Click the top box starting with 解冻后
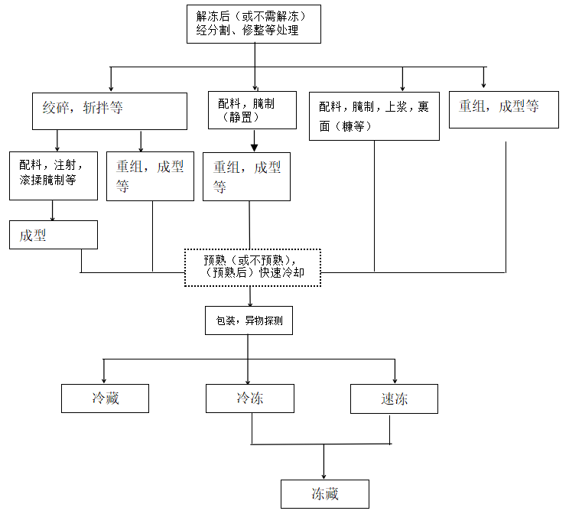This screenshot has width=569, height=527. pyautogui.click(x=253, y=24)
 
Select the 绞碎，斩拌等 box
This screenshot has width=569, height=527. pyautogui.click(x=109, y=111)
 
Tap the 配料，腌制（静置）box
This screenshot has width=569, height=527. pyautogui.click(x=252, y=110)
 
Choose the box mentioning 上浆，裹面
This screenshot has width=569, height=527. pyautogui.click(x=374, y=115)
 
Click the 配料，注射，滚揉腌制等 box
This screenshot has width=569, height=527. pyautogui.click(x=53, y=175)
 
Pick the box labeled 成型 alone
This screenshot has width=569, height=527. pyautogui.click(x=53, y=235)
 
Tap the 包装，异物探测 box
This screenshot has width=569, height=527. pyautogui.click(x=249, y=320)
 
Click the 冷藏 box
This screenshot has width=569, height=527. pyautogui.click(x=105, y=398)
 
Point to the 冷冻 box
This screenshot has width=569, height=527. pyautogui.click(x=249, y=398)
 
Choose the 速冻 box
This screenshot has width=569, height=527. pyautogui.click(x=394, y=399)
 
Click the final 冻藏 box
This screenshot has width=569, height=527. pyautogui.click(x=324, y=493)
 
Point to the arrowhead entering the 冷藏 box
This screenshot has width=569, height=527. pyautogui.click(x=105, y=380)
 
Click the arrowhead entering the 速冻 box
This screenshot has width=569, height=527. pyautogui.click(x=395, y=380)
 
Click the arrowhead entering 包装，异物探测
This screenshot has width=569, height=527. pyautogui.click(x=249, y=304)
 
